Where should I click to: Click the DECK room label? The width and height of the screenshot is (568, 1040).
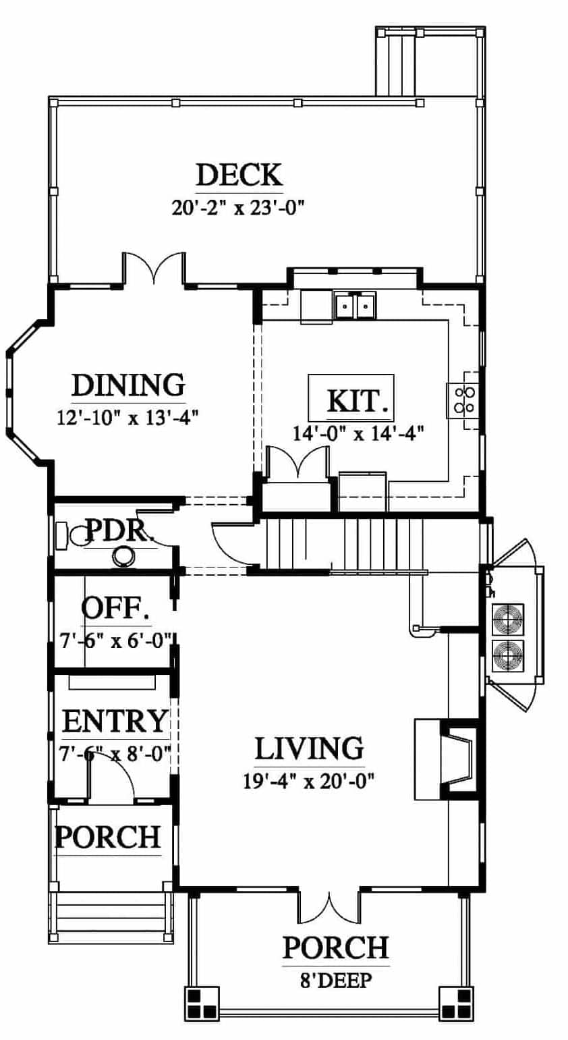[x=239, y=175]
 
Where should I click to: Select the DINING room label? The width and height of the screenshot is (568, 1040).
[x=129, y=385]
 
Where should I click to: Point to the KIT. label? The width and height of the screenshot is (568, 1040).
[x=358, y=401]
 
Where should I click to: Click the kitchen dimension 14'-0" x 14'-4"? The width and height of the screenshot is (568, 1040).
[x=358, y=433]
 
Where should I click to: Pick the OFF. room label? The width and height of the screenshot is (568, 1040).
[x=116, y=608]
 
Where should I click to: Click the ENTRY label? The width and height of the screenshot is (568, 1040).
[x=115, y=721]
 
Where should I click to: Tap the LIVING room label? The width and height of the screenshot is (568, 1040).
[x=310, y=748]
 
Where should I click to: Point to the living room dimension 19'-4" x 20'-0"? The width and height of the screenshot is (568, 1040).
[x=309, y=780]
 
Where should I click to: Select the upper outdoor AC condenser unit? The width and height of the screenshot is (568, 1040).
[x=508, y=620]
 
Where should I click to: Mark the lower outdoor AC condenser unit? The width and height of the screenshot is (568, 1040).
[x=508, y=655]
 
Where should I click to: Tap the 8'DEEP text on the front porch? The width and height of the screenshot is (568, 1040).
[x=336, y=981]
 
